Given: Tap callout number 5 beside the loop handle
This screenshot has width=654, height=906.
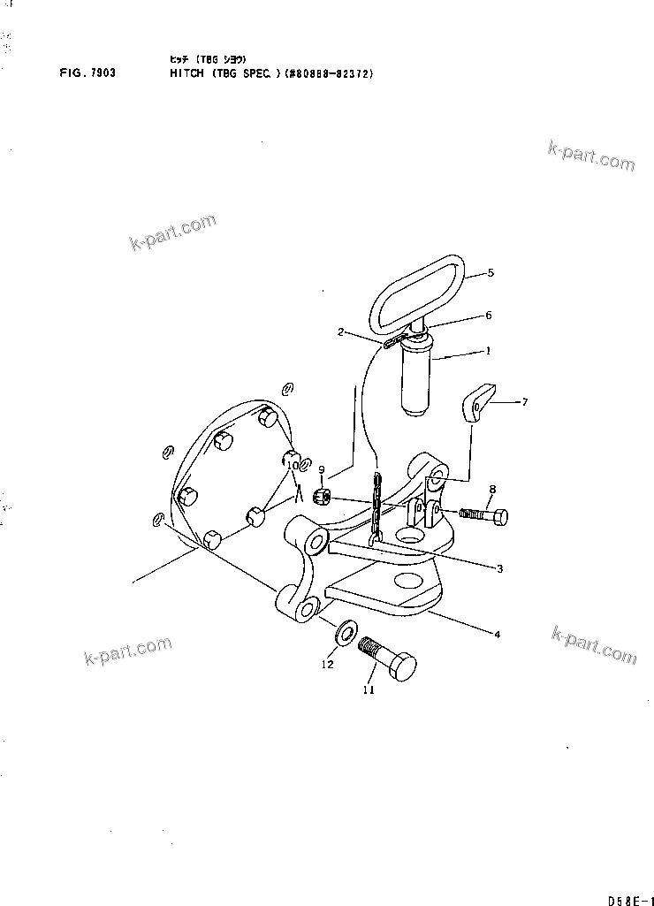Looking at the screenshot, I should [x=490, y=272].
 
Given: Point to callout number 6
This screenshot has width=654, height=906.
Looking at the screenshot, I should [x=488, y=315].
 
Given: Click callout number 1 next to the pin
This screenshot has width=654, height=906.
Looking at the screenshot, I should [x=487, y=351].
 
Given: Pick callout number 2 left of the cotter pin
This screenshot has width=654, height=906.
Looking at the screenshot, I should [x=339, y=332].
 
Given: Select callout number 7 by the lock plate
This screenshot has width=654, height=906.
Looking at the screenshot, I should [x=524, y=402].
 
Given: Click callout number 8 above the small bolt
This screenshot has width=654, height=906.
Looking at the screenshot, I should [x=492, y=488].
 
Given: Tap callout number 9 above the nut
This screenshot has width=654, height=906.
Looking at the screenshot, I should [x=322, y=469].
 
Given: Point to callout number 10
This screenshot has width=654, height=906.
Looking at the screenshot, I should [x=293, y=465].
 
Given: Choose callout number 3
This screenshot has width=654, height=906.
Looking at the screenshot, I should [x=499, y=569].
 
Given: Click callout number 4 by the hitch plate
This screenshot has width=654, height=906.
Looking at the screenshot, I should [x=498, y=634].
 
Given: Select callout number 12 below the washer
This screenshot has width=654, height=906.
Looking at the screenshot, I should [x=327, y=664].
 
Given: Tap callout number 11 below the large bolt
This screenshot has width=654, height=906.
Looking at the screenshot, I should [x=369, y=689].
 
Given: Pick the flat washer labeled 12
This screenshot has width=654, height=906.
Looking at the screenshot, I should [x=346, y=632].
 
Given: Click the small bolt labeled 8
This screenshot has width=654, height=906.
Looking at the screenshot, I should [x=482, y=514].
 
